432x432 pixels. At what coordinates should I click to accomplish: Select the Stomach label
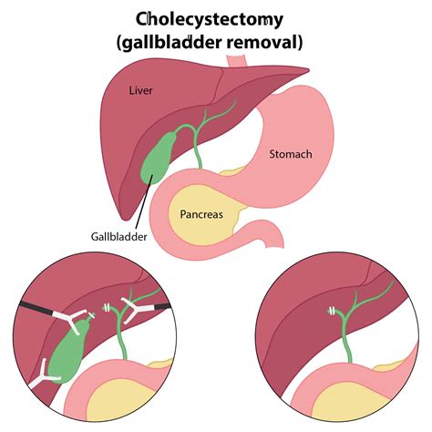pyautogui.click(x=290, y=153)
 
